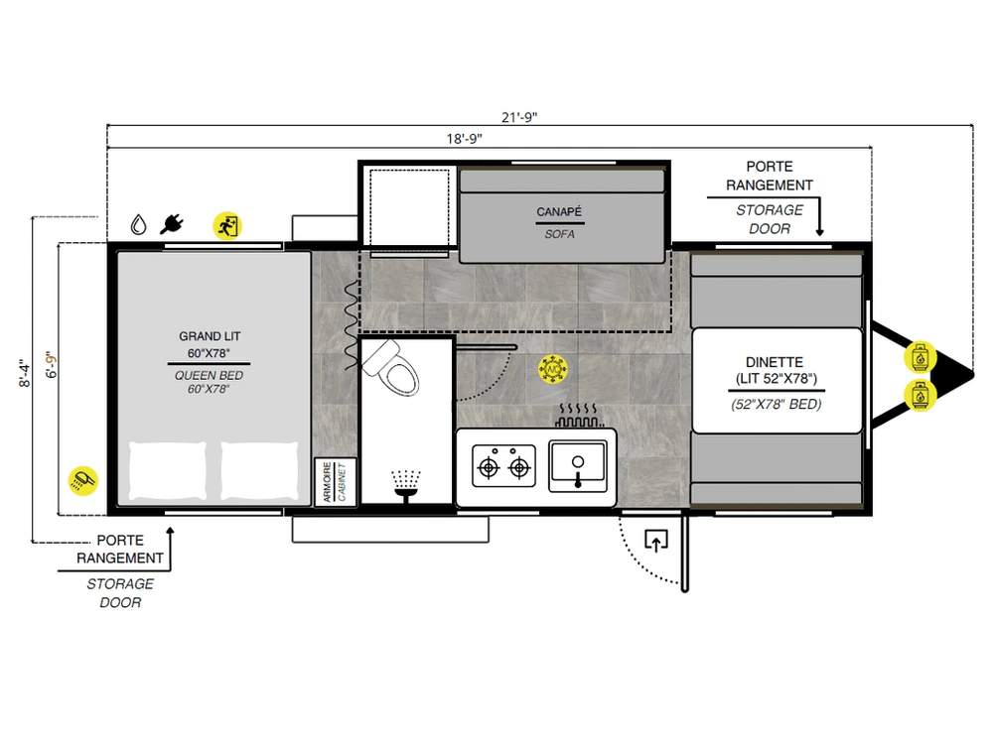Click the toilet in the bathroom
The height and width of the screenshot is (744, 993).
[392, 368]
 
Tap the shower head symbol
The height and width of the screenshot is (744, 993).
[406, 486]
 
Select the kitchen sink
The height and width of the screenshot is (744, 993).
[578, 466]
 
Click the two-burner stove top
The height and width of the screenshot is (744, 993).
[504, 466]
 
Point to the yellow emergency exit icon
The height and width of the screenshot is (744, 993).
[227, 226]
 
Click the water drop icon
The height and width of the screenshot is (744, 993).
[139, 224]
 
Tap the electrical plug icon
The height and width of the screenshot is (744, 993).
[172, 224]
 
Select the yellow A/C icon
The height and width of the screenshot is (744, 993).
[553, 369]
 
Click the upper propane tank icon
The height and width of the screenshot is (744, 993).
[921, 357]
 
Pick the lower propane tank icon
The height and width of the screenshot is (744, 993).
[921, 396]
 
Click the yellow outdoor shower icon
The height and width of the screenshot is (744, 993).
[83, 481]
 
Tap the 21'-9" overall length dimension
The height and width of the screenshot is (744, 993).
[519, 117]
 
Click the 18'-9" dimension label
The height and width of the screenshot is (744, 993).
[464, 139]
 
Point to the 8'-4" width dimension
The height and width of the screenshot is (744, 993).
[24, 373]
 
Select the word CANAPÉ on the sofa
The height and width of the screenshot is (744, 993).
[559, 212]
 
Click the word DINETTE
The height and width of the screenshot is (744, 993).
[775, 362]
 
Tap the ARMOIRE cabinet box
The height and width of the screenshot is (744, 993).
[336, 482]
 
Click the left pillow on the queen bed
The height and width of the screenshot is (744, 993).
[168, 470]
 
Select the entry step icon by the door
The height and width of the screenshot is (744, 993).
[656, 541]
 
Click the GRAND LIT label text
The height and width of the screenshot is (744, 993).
[210, 336]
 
